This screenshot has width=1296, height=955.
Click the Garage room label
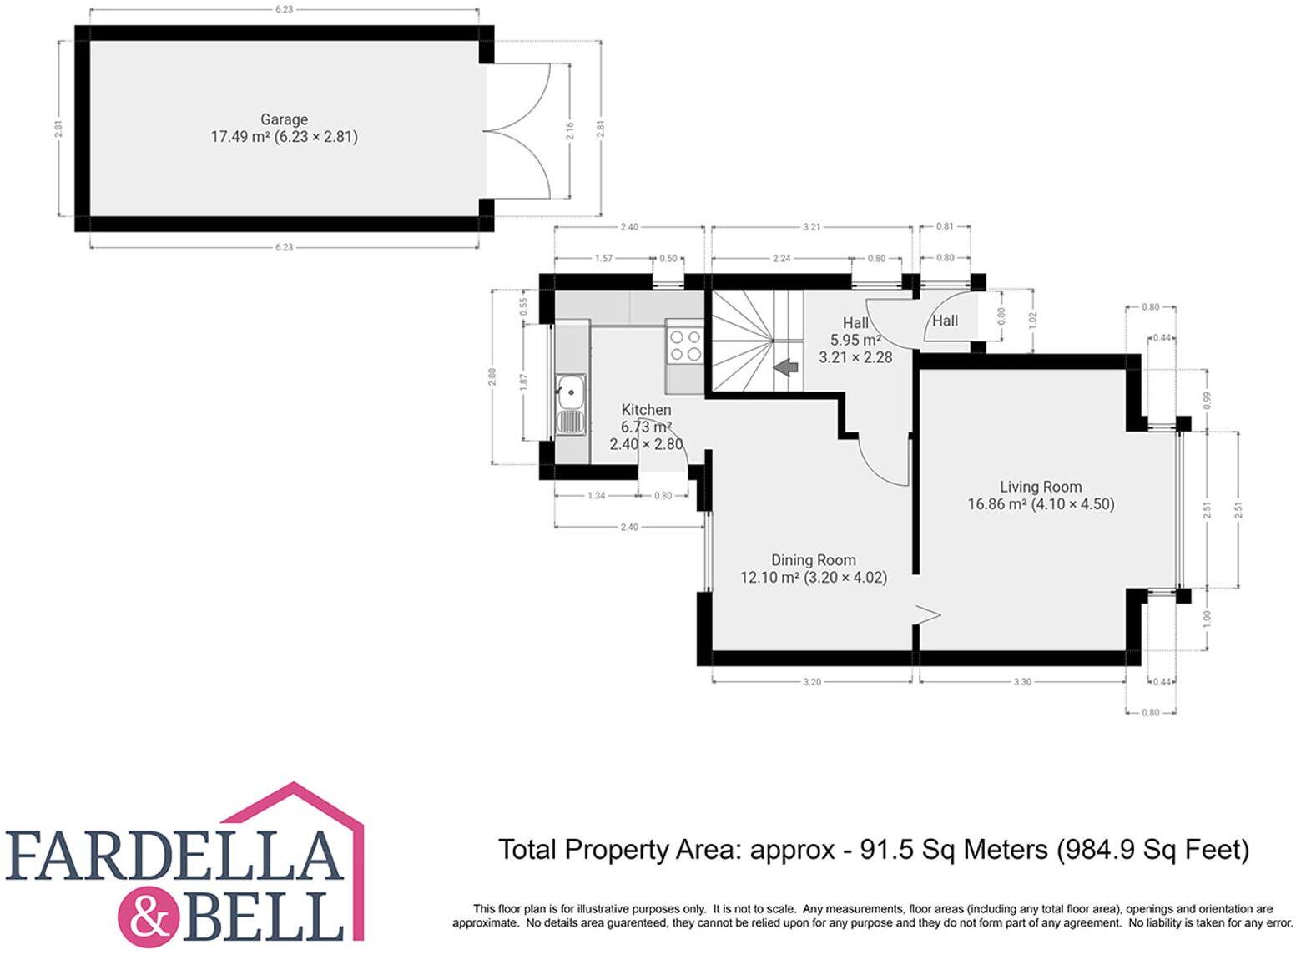coord(284,119)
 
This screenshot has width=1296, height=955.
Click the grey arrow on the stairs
coord(784,367)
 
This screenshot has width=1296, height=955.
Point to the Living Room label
coord(1041,487)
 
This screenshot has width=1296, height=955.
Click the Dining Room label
coord(813,560)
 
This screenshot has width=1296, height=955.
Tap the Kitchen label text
coord(646,410)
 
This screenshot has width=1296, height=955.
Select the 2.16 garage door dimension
coord(570,130)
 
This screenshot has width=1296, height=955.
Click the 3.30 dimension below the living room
coord(1022,682)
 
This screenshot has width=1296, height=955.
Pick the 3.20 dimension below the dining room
coord(811,682)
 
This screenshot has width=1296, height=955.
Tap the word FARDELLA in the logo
coord(174,856)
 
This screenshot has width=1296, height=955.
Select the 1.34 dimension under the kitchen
coord(596,496)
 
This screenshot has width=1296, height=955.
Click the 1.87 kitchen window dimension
coord(524,382)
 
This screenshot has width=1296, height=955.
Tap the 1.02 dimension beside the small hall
coord(1033,321)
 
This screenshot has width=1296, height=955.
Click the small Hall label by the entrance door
coord(945,321)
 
